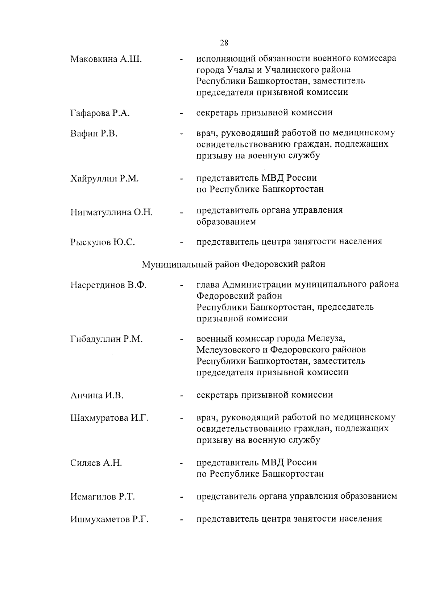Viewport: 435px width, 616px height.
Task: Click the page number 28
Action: [224, 43]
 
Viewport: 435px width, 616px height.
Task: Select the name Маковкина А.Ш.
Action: [106, 59]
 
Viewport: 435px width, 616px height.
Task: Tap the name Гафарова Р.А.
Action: [100, 113]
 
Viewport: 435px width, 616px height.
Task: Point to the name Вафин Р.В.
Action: [94, 134]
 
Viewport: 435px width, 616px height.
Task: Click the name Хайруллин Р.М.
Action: [105, 179]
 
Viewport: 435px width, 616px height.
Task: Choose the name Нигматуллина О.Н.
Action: [112, 212]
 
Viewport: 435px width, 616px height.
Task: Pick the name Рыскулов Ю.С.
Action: [103, 242]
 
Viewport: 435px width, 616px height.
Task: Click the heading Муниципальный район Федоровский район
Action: [233, 264]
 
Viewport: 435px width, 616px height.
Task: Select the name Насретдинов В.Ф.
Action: [108, 285]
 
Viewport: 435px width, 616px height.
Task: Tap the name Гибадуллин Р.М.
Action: [107, 339]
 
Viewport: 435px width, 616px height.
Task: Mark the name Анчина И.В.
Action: [97, 395]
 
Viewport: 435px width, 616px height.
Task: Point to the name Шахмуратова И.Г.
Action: [109, 418]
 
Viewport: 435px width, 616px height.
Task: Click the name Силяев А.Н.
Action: [96, 463]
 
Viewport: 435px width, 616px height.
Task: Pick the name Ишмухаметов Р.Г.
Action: [109, 519]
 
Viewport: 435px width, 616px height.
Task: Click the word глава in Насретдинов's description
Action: [208, 285]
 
